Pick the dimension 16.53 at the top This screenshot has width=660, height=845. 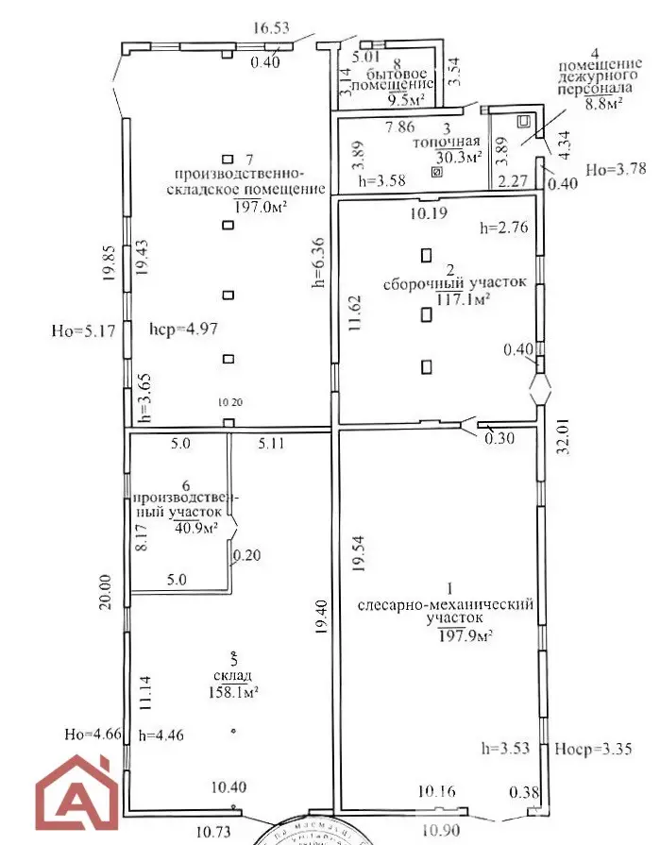point(271,29)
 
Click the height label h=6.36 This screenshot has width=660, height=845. point(319,261)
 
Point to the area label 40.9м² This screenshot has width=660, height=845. point(196,527)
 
